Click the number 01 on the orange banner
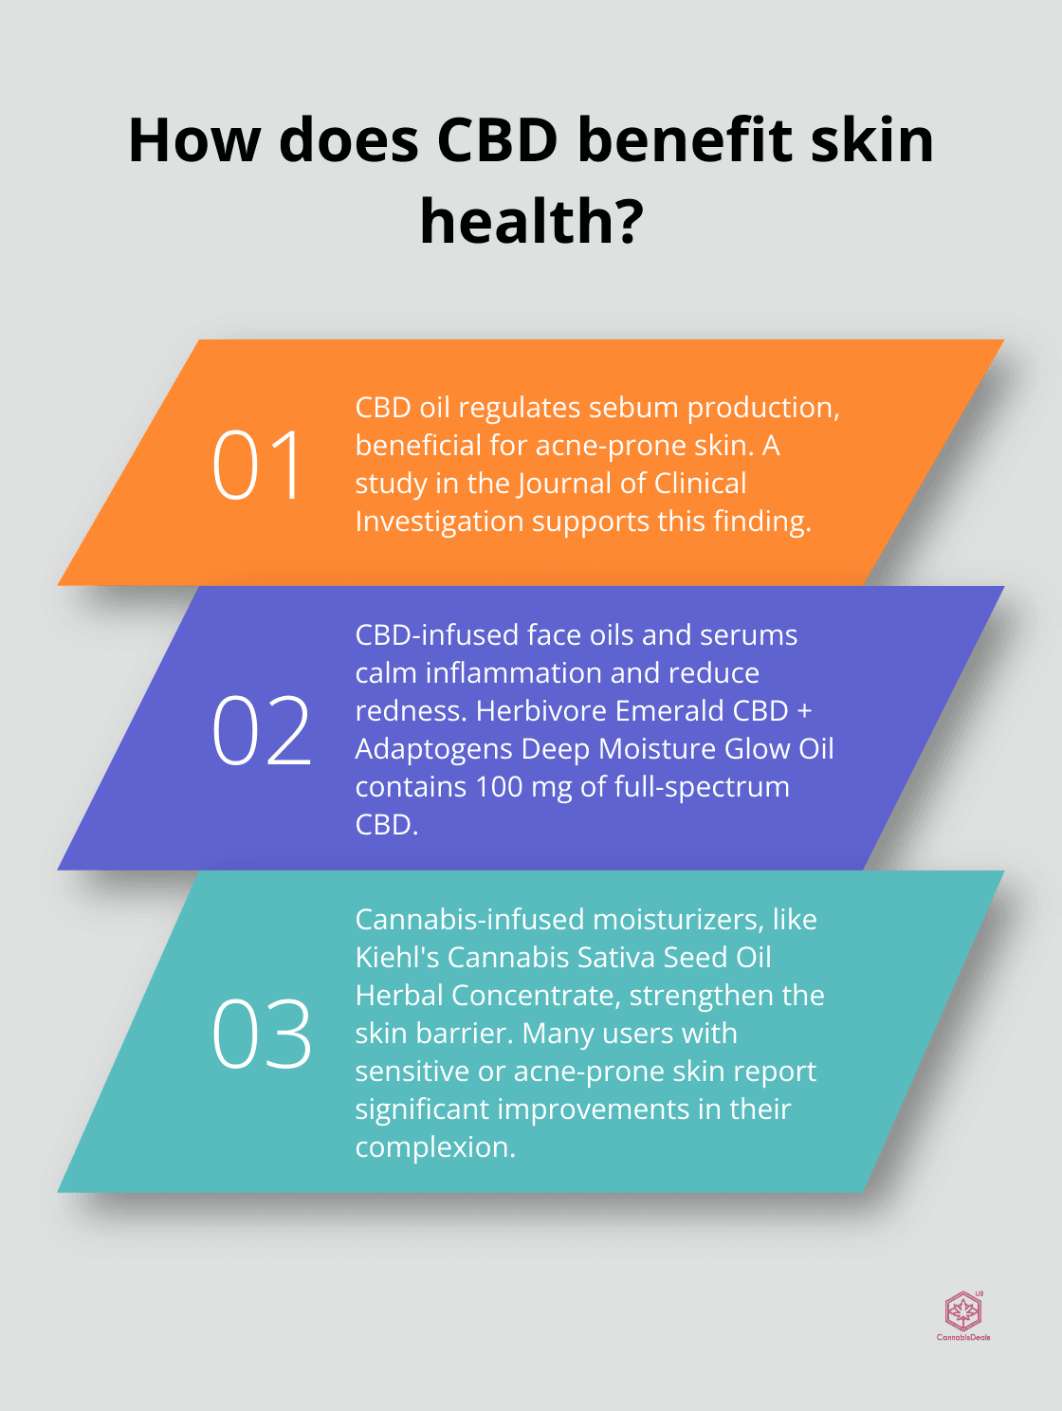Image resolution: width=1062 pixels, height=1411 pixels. coord(258,465)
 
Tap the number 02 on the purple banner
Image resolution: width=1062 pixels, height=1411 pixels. coord(262,730)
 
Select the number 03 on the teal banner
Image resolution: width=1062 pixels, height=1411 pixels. coord(262,1035)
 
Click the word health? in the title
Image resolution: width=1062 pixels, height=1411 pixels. coord(532,222)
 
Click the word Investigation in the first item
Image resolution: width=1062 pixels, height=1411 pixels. coord(439,522)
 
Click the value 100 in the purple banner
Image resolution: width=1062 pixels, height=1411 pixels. coord(499,787)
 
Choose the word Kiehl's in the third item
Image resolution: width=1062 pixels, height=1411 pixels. coord(397,958)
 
